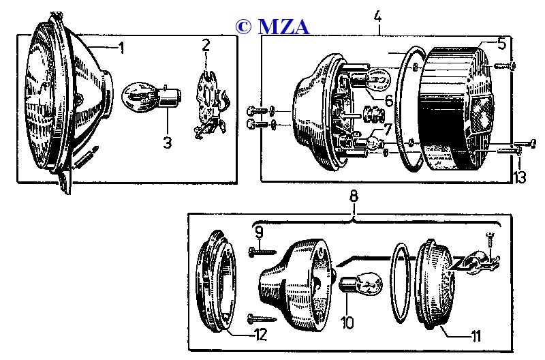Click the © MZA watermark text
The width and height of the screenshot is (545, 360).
pyautogui.click(x=272, y=27)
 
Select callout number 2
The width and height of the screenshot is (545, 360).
pyautogui.click(x=206, y=46)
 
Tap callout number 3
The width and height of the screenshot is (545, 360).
pyautogui.click(x=167, y=143)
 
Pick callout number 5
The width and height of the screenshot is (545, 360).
pyautogui.click(x=502, y=44)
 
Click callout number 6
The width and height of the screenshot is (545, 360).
pyautogui.click(x=388, y=100)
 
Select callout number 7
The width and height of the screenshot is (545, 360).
pyautogui.click(x=387, y=129)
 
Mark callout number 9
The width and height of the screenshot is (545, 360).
pyautogui.click(x=259, y=232)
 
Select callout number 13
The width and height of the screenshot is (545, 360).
pyautogui.click(x=521, y=178)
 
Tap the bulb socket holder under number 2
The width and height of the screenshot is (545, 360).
pyautogui.click(x=208, y=102)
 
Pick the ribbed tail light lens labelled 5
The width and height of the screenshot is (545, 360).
pyautogui.click(x=456, y=109)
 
